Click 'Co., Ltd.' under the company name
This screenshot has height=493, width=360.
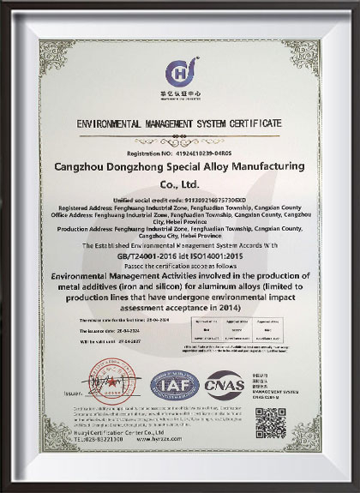tap(179, 183)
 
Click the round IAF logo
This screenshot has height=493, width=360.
tap(175, 385)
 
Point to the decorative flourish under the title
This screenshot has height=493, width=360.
tap(179, 135)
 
